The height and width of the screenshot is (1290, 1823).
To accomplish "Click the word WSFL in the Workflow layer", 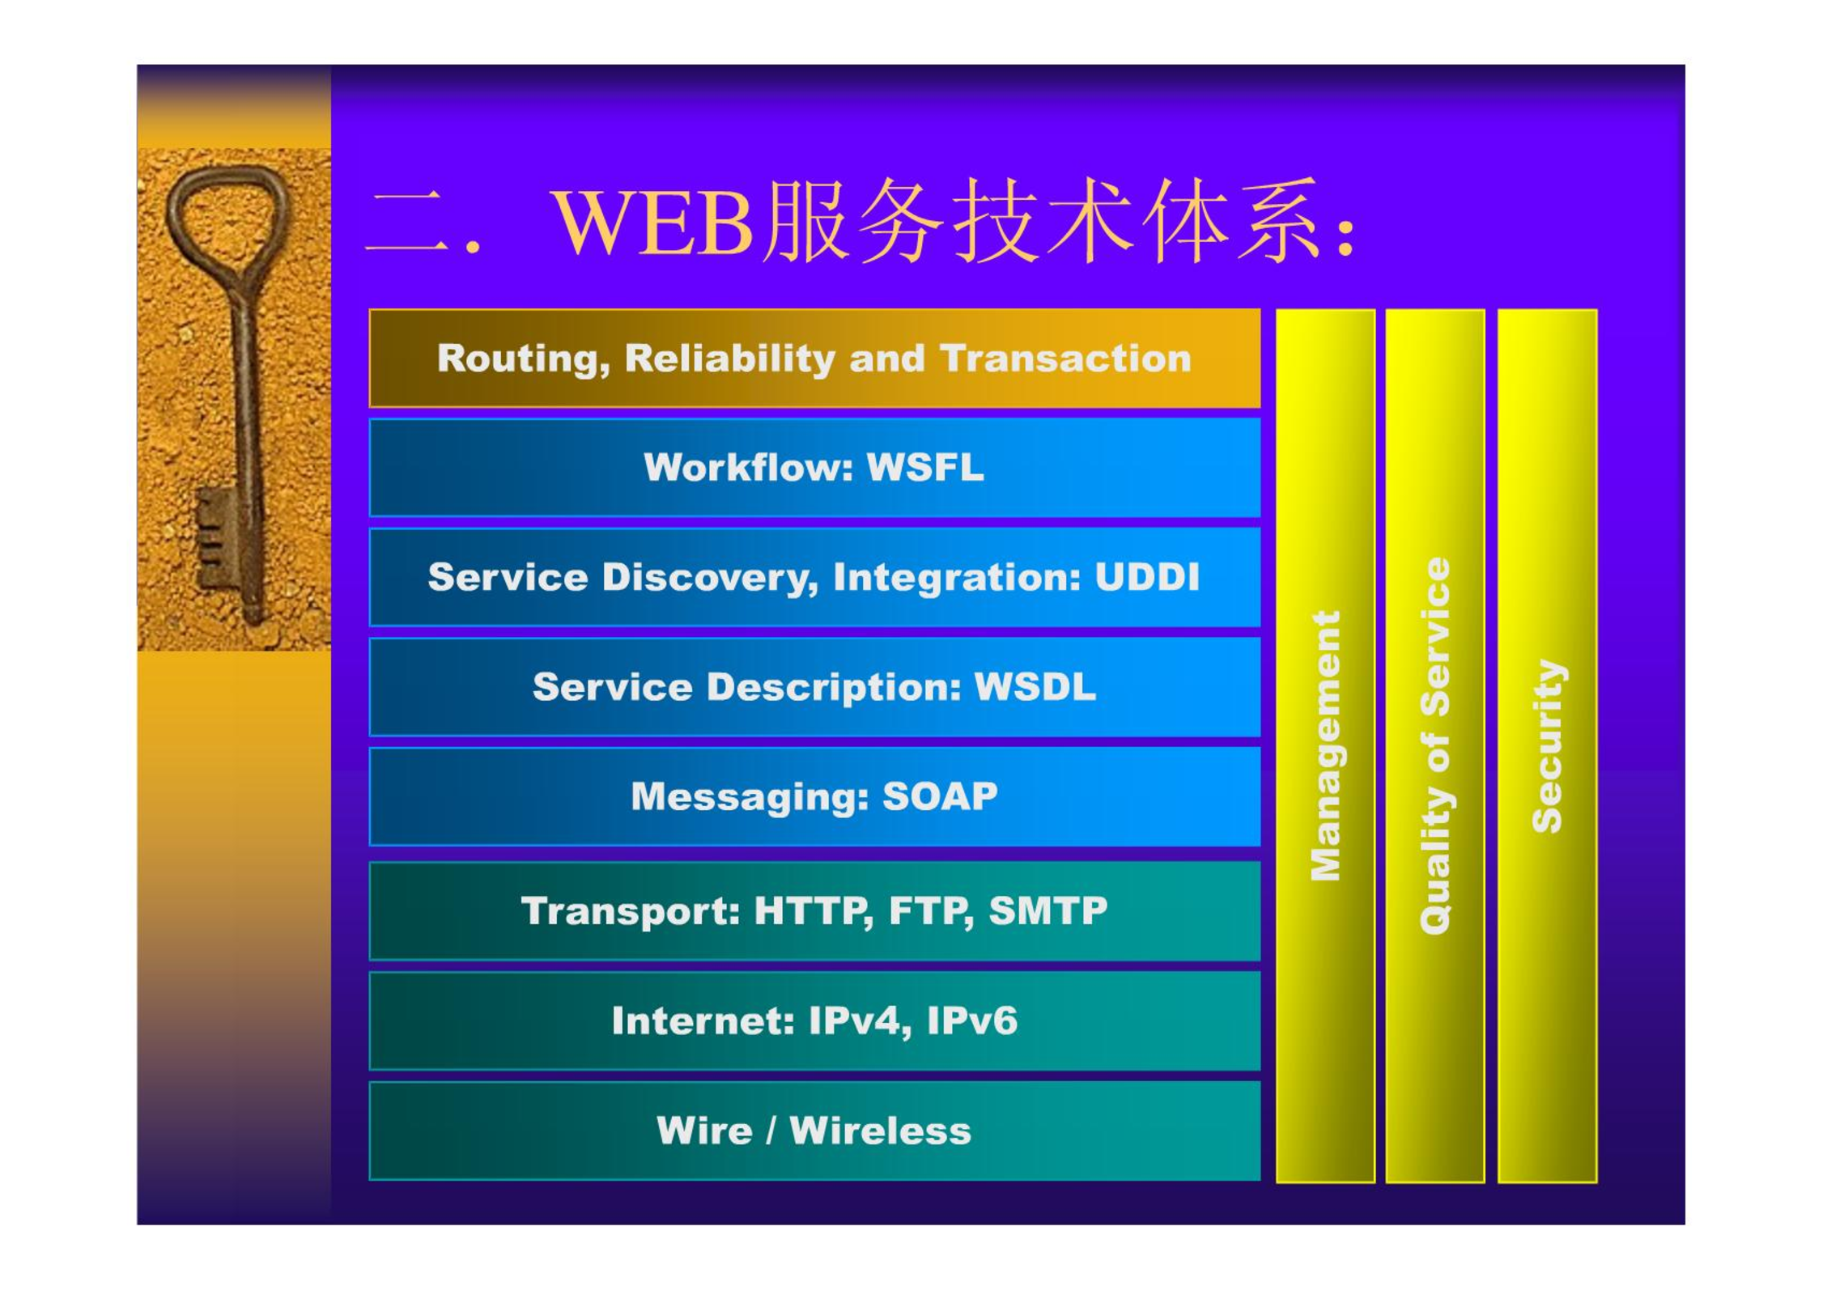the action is (925, 467).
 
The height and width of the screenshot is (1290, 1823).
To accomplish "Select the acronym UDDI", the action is (1147, 577).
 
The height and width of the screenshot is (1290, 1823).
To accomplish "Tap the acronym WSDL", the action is (1035, 687).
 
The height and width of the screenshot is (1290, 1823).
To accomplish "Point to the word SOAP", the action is (940, 796).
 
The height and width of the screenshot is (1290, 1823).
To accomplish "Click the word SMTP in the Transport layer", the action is (1048, 910).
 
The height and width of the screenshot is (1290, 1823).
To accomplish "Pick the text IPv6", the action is (972, 1021).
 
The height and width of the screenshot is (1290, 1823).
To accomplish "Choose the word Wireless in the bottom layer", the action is (880, 1131).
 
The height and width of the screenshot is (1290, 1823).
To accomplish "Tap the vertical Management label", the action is (1325, 746).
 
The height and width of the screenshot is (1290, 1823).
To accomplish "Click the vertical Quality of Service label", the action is (1435, 746).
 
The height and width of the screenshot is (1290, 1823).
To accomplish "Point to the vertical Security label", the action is (1548, 746).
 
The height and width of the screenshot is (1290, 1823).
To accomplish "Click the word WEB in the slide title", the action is (652, 223).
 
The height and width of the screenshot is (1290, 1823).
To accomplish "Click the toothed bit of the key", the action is (213, 538).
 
